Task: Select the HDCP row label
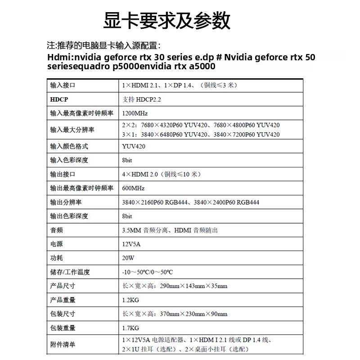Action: click(x=59, y=99)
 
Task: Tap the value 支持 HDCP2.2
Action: click(x=142, y=99)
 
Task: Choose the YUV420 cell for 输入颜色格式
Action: click(x=134, y=146)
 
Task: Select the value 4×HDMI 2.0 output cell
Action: click(x=161, y=174)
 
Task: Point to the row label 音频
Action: click(x=56, y=230)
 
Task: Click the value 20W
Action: click(x=128, y=258)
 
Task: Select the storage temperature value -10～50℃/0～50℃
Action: click(x=148, y=272)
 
